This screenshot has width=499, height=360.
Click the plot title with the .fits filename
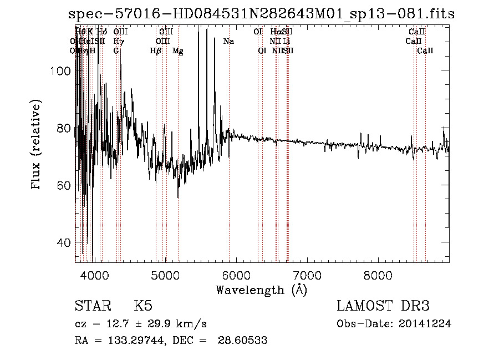[261, 14]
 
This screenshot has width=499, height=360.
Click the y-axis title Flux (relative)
[37, 145]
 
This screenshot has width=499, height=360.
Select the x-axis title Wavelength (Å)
[261, 290]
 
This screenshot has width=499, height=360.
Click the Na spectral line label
[228, 41]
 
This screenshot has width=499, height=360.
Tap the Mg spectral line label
[178, 50]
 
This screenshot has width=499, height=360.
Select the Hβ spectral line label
[156, 50]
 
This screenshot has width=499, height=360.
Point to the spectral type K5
[143, 306]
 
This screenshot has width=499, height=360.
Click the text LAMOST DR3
[383, 306]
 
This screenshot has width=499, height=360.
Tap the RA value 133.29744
[126, 341]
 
